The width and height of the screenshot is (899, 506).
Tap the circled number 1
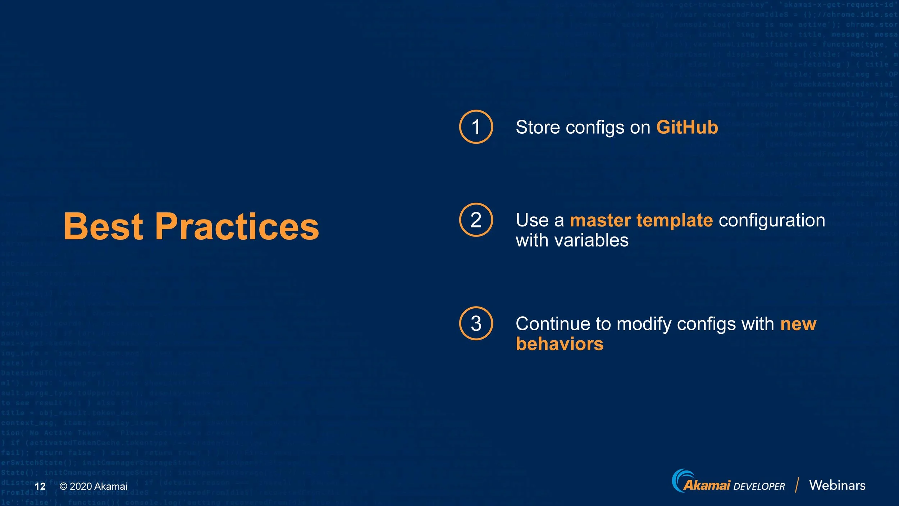pos(476,127)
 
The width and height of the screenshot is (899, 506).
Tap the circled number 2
pos(476,220)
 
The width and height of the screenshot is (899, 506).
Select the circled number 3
pos(476,323)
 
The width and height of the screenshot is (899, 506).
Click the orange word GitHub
pos(687,127)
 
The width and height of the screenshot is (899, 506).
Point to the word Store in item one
pos(538,127)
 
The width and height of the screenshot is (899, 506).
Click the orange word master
pos(600,220)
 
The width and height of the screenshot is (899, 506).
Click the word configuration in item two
pos(772,220)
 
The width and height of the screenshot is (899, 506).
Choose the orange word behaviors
pos(560,344)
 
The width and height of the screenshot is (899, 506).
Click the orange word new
pos(798,324)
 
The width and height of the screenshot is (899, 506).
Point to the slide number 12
pos(40,486)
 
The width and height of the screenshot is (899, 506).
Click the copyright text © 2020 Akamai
pos(93,486)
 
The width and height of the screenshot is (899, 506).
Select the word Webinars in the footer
pos(837,485)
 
